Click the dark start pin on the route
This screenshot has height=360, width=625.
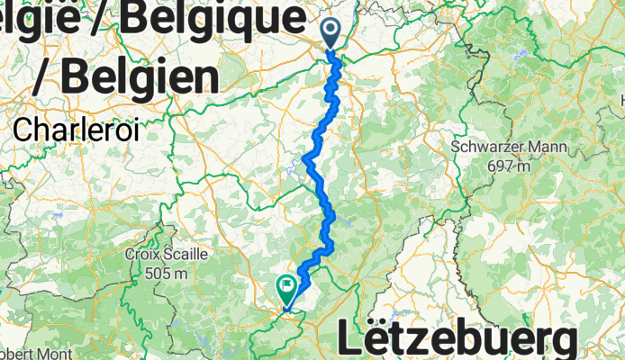(331, 32)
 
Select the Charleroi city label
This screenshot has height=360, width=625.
(76, 129)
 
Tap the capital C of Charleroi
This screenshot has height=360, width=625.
(23, 129)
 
